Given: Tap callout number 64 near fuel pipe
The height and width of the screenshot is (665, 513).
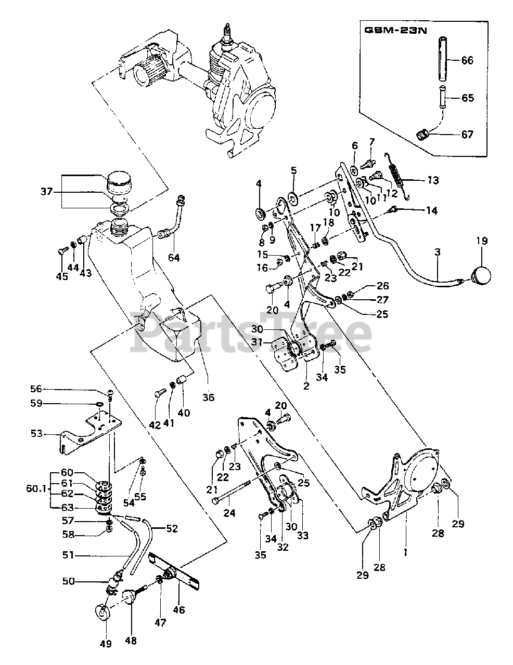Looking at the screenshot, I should click(x=174, y=258).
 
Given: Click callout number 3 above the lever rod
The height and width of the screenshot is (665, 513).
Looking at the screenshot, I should click(x=438, y=252).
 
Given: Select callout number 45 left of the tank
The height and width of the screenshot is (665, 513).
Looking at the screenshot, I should click(x=61, y=276).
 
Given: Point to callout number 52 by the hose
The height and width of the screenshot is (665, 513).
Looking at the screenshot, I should click(x=172, y=528).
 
